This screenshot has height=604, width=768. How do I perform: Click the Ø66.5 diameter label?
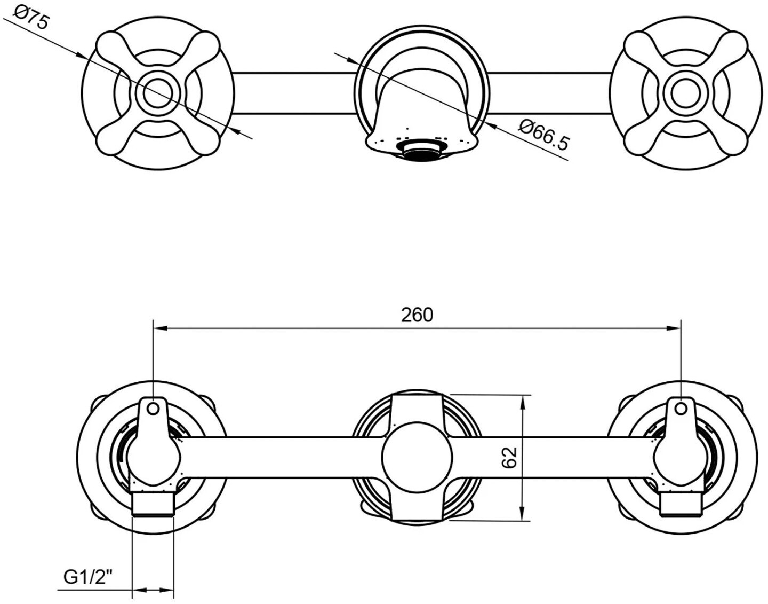[x=545, y=135]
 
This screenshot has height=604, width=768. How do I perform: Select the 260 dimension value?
[x=417, y=315]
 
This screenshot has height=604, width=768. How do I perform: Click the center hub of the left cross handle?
[x=158, y=93]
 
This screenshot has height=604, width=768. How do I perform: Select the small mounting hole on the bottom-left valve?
[x=153, y=409]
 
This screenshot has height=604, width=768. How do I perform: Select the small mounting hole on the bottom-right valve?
[x=681, y=409]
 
